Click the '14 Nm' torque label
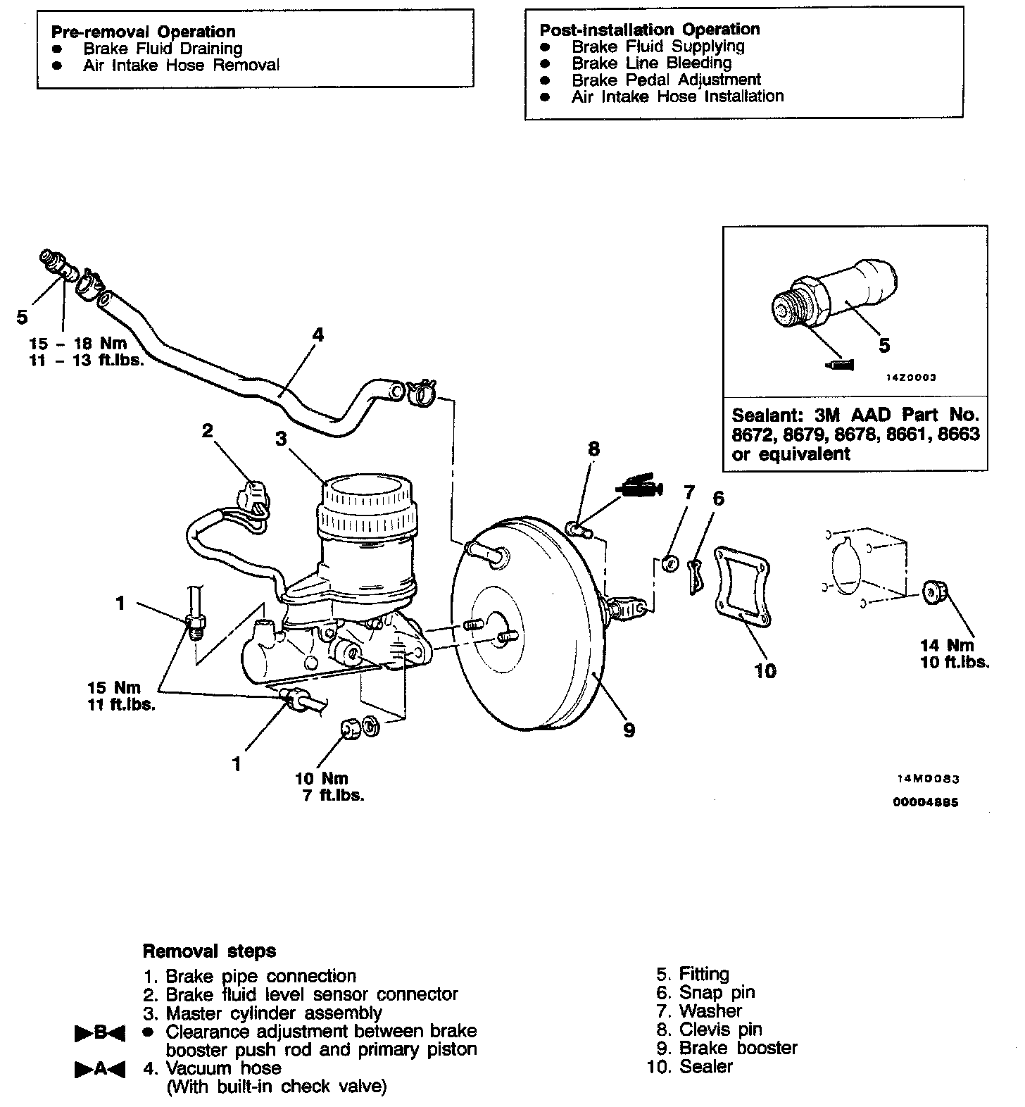tap(947, 645)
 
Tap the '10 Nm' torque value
tap(322, 778)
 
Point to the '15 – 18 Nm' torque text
tap(78, 344)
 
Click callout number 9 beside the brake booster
tap(629, 730)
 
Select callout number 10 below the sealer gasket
tap(765, 671)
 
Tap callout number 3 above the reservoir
tap(281, 439)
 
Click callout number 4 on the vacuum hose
tap(317, 334)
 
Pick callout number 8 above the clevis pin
tap(594, 449)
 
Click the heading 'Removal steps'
tap(209, 951)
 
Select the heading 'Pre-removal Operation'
tap(143, 32)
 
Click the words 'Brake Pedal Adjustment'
tap(666, 80)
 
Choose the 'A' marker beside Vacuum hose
tap(99, 1069)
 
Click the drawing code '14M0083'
tap(928, 780)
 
